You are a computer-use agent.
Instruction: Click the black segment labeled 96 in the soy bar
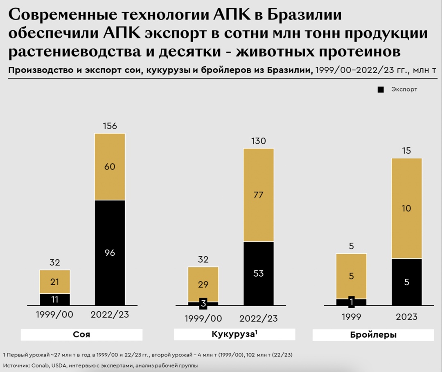(x=110, y=253)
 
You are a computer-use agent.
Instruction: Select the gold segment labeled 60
(x=110, y=167)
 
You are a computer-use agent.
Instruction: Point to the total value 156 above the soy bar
(x=110, y=126)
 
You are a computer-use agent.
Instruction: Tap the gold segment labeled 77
(x=258, y=195)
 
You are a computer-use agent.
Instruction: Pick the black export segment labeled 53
(x=258, y=273)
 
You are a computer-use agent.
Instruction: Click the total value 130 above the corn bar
(x=258, y=141)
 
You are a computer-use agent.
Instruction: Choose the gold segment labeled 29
(x=203, y=284)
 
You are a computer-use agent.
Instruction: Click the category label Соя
(x=81, y=335)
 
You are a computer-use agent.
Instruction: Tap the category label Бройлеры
(x=373, y=335)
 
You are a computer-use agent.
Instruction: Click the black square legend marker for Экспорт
(x=381, y=89)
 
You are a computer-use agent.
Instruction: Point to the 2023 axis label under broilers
(x=406, y=317)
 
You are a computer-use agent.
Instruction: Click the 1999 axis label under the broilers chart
(x=351, y=317)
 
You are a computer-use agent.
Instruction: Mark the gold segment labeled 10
(x=406, y=208)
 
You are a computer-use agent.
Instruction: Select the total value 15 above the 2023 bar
(x=406, y=151)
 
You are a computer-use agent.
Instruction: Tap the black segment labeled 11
(x=55, y=299)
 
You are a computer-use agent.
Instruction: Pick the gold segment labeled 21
(x=55, y=282)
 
